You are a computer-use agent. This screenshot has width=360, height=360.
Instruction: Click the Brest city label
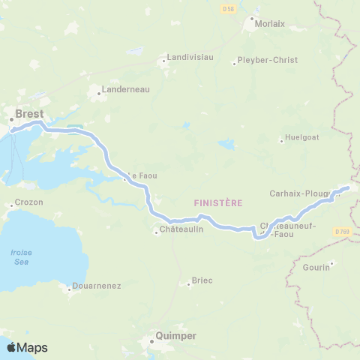click(29, 114)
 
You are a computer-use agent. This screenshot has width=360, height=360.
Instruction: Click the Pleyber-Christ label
click(266, 60)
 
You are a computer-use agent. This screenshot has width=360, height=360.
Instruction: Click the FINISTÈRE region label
click(217, 203)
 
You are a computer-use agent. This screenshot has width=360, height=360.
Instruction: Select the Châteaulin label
click(181, 230)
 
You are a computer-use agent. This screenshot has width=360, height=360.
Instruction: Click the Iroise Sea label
click(21, 256)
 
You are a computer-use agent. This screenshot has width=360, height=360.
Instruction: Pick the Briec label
click(202, 280)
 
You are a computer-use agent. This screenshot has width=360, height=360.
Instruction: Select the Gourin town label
click(317, 267)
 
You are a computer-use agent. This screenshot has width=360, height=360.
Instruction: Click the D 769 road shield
click(343, 232)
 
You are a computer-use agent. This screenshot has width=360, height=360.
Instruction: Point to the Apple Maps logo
click(26, 347)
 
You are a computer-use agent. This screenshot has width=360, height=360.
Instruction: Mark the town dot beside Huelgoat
click(281, 139)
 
